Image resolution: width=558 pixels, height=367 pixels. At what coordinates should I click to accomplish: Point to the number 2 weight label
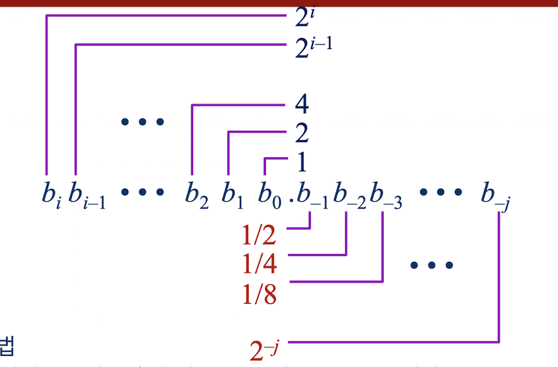(x=301, y=134)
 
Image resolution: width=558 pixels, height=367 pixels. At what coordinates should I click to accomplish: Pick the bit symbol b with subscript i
(x=51, y=195)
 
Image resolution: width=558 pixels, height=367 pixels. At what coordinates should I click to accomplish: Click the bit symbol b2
(x=197, y=195)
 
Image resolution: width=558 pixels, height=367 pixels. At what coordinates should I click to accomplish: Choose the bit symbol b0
(x=269, y=195)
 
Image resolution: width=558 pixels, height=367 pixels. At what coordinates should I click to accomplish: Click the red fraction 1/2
(x=259, y=236)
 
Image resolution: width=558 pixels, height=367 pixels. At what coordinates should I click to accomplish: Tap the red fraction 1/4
(x=260, y=265)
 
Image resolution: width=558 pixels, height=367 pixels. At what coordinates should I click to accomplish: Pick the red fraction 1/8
(x=260, y=295)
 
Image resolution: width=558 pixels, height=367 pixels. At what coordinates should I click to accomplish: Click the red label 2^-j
(x=264, y=351)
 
